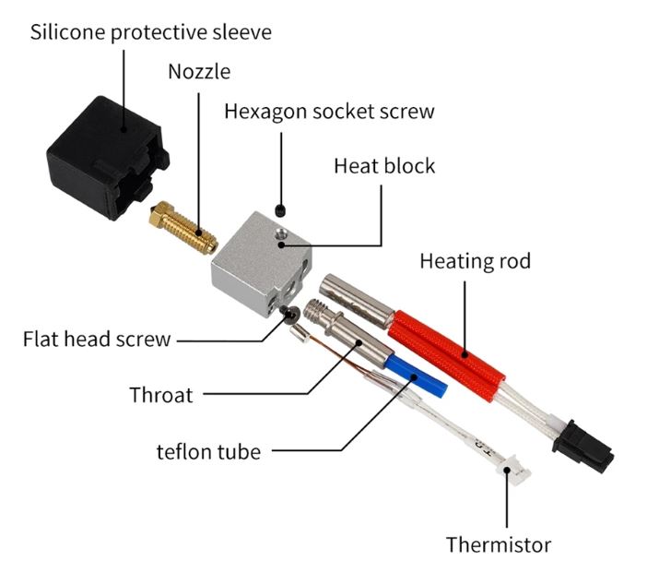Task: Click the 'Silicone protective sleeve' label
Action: [x=151, y=33]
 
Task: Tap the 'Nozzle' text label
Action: [x=199, y=72]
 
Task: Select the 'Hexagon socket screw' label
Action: [x=330, y=112]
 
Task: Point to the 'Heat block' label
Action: [x=384, y=166]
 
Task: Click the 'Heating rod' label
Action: [x=476, y=261]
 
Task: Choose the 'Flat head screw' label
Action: [x=97, y=339]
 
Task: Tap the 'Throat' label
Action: [x=161, y=395]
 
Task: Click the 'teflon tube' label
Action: [x=209, y=452]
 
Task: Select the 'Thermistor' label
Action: [x=499, y=544]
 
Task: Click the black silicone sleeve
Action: [x=107, y=158]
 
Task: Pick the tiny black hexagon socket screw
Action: [x=281, y=209]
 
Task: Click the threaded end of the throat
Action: [x=317, y=310]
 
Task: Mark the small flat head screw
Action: [x=289, y=315]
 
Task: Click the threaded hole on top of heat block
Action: [x=281, y=233]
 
